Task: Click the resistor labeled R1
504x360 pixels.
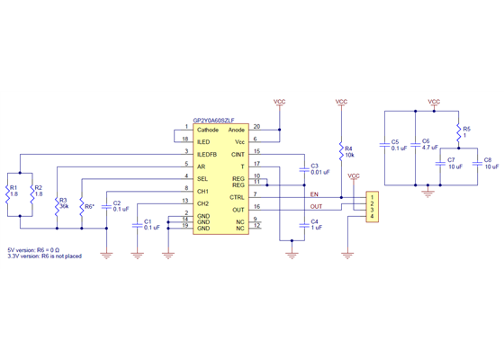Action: [21, 194]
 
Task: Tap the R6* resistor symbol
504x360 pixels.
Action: [82, 207]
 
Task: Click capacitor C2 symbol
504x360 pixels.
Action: [107, 205]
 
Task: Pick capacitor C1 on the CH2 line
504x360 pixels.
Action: [136, 224]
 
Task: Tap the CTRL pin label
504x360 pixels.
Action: [238, 196]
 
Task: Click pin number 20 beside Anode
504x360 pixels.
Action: [257, 127]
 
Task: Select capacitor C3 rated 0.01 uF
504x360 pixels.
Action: [301, 169]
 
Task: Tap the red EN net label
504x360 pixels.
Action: [314, 193]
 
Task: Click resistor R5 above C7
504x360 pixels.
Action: [457, 132]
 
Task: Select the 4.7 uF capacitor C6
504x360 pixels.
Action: [414, 147]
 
